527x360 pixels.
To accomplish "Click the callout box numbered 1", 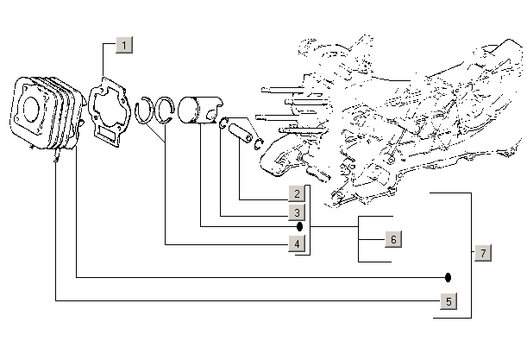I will pyautogui.click(x=124, y=45).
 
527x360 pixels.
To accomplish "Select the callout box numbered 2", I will pyautogui.click(x=296, y=194).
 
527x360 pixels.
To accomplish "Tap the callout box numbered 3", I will pyautogui.click(x=296, y=212).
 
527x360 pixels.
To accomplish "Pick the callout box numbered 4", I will pyautogui.click(x=296, y=244).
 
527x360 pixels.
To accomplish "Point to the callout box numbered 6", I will pyautogui.click(x=392, y=239).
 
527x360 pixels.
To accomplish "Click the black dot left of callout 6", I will pyautogui.click(x=299, y=226).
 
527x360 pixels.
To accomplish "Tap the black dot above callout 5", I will pyautogui.click(x=449, y=278).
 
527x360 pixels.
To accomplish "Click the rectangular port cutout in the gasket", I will pyautogui.click(x=108, y=135).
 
